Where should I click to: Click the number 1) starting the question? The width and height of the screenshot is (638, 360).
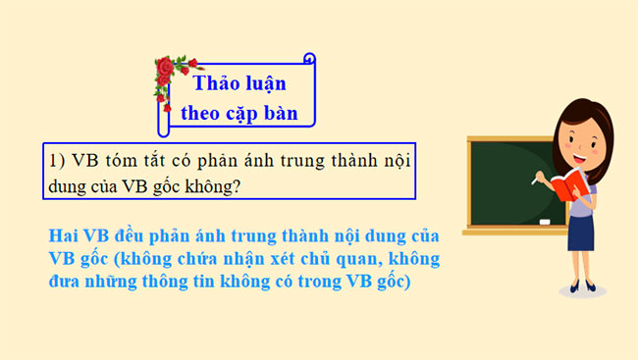(x=56, y=160)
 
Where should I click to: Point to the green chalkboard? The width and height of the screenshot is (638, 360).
(x=510, y=177)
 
